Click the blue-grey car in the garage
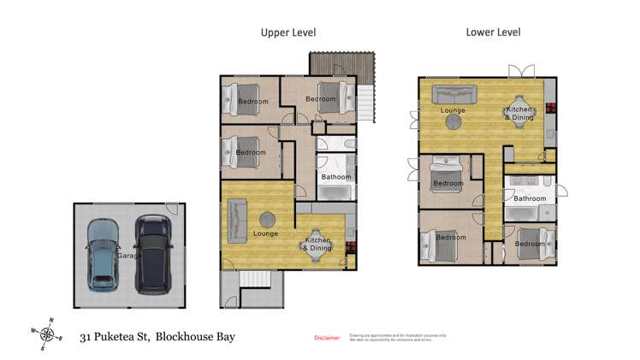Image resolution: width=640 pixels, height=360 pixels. click(103, 254)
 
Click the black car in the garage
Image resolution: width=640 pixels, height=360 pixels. click(153, 254)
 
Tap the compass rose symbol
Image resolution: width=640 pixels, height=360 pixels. click(49, 334)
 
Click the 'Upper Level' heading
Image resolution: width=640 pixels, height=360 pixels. click(288, 32)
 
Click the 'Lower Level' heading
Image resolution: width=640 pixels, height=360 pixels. click(493, 32)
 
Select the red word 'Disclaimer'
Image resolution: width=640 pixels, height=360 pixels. click(328, 339)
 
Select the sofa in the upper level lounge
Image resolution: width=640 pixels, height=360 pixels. click(236, 218)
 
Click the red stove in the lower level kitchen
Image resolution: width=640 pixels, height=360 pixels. click(549, 109)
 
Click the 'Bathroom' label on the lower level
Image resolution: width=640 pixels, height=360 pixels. click(529, 198)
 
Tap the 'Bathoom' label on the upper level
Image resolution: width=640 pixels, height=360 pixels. click(335, 177)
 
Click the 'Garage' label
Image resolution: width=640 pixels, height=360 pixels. click(128, 255)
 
